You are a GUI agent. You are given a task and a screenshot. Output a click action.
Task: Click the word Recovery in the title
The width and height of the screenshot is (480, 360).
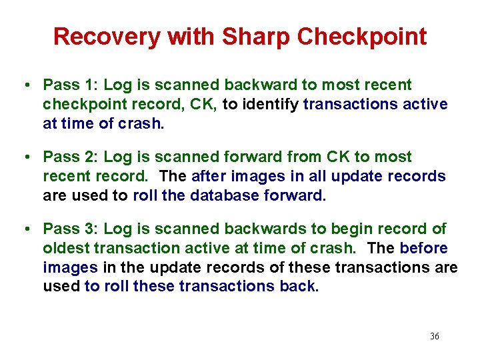click(107, 37)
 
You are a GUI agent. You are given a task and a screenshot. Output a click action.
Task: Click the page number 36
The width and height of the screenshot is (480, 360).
click(435, 337)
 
